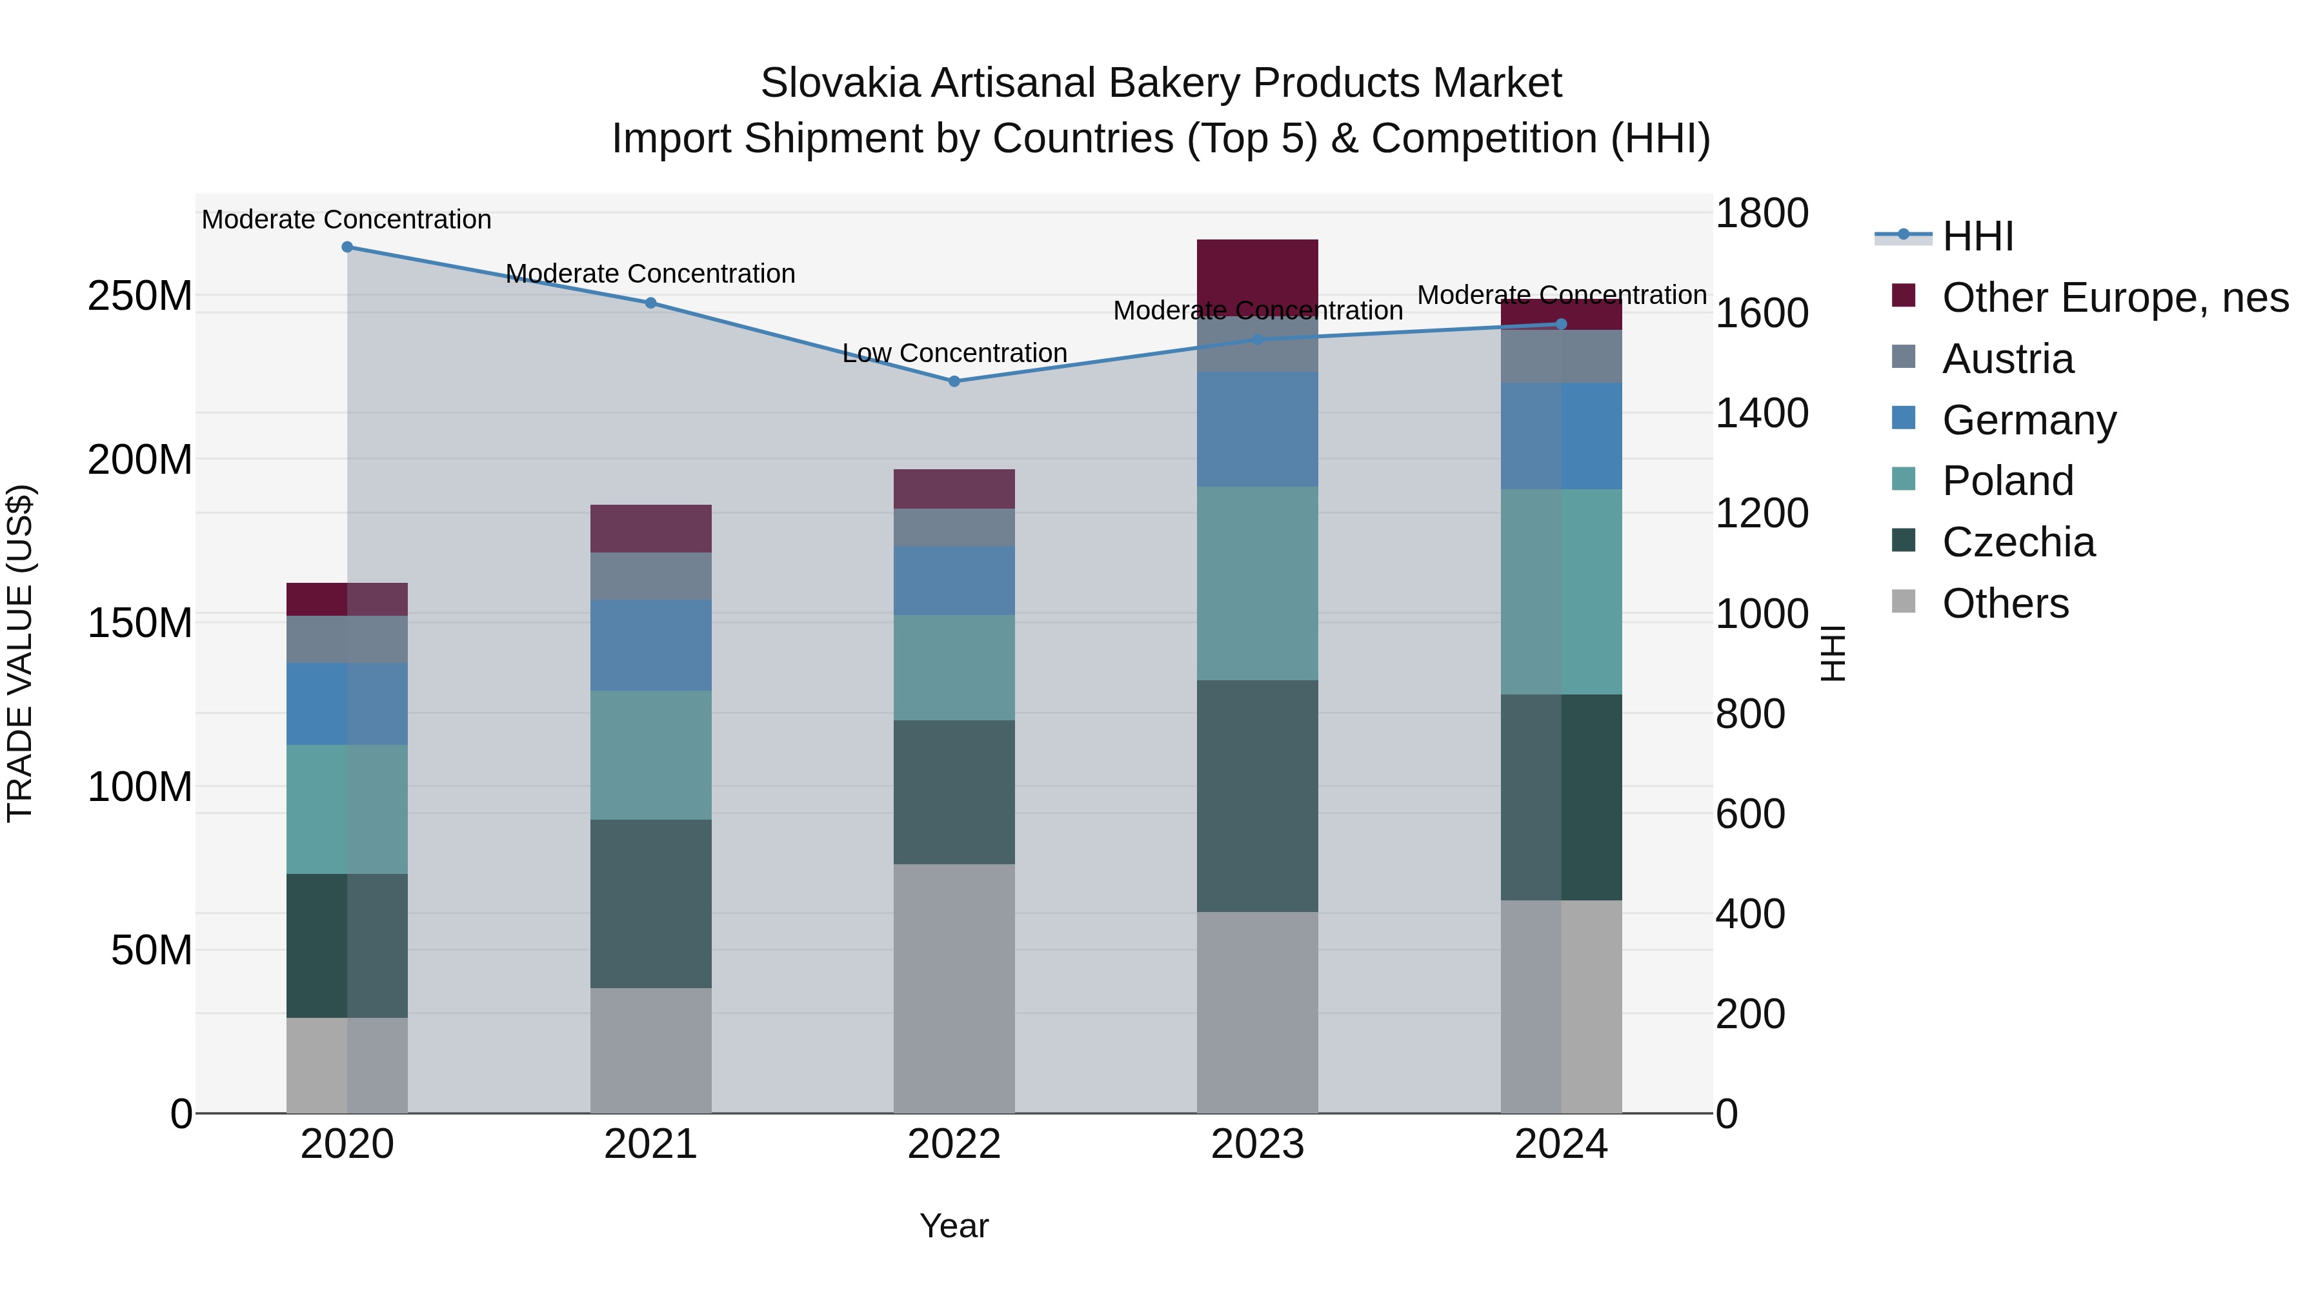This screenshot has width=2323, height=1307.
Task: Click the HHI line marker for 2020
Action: [x=347, y=247]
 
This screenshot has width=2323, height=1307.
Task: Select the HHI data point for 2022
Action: [x=954, y=381]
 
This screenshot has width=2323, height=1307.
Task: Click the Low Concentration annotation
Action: [x=954, y=352]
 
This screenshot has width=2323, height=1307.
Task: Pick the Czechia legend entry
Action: [x=2018, y=542]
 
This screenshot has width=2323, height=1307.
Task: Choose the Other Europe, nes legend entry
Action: [x=2115, y=298]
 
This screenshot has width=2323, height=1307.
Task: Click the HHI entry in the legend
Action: [x=1978, y=236]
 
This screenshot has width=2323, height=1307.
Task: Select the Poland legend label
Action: [x=2007, y=481]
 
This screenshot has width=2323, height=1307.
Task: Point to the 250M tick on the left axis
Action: [x=140, y=296]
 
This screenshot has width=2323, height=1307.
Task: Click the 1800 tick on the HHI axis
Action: [x=1761, y=214]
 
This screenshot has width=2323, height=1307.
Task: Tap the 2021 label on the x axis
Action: [x=650, y=1144]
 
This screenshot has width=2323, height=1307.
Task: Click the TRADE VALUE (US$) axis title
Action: [x=20, y=653]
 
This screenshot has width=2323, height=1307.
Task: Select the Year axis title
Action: [x=954, y=1226]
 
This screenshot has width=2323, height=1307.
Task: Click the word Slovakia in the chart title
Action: [x=840, y=83]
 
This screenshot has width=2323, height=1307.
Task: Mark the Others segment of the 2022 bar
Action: [x=954, y=988]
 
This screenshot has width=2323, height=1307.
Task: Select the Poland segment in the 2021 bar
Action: [x=650, y=755]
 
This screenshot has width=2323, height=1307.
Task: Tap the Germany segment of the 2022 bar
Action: [x=954, y=580]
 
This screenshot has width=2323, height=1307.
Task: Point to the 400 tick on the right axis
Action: [x=1749, y=914]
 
